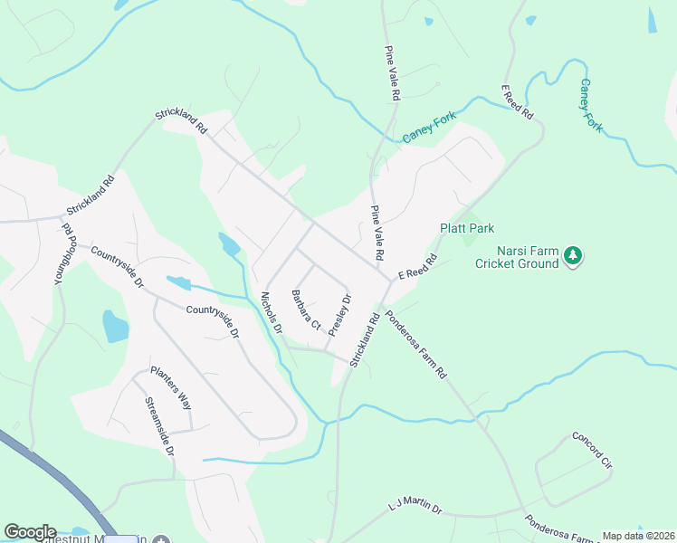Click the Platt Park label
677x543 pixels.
coord(467,229)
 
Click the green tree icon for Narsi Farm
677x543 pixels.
coord(572,257)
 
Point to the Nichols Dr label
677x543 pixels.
coord(272,312)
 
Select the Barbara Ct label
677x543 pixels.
coord(307,309)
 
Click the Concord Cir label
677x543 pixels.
coord(593,450)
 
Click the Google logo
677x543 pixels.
coord(30,532)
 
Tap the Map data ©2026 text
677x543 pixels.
coord(638,536)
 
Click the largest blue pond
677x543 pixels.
coord(116,326)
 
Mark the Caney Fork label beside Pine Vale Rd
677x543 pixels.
coord(430,129)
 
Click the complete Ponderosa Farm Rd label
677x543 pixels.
coord(416,344)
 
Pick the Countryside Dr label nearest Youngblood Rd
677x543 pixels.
coord(117,268)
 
